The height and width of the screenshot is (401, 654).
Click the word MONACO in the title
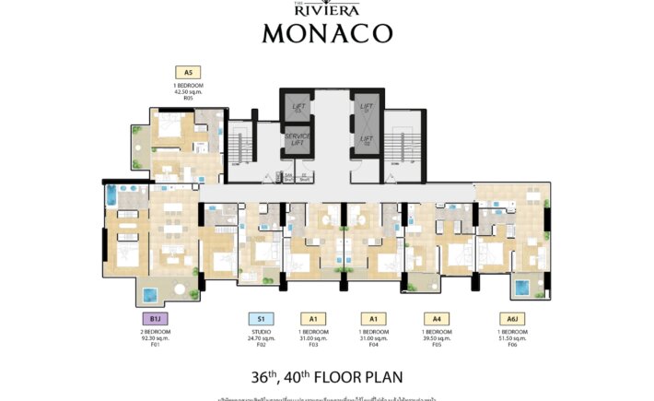tap(327, 33)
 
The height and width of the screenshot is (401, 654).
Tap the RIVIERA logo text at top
tap(327, 11)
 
